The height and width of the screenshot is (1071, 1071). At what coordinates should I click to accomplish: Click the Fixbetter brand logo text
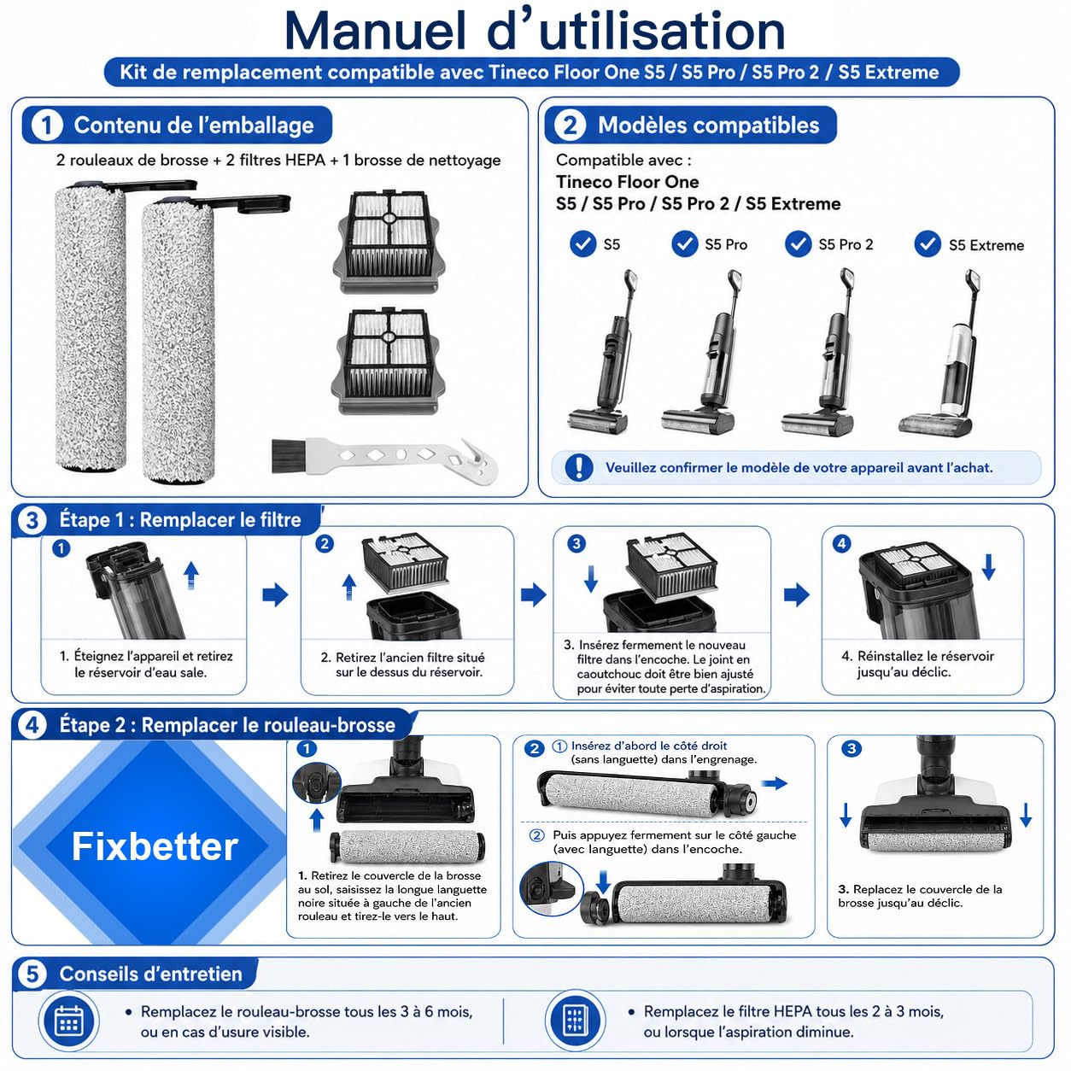click(x=155, y=847)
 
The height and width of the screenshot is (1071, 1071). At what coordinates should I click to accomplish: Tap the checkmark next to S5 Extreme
click(x=928, y=244)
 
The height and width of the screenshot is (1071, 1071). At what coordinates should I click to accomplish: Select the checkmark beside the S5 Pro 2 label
click(x=798, y=244)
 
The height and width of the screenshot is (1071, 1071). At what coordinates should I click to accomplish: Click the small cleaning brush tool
click(x=384, y=458)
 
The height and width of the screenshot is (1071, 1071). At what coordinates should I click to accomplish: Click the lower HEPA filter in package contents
click(x=388, y=362)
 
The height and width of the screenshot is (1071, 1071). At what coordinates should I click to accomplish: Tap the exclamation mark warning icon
click(x=578, y=467)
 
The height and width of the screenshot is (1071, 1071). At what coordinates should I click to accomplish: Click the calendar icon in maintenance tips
click(x=69, y=1021)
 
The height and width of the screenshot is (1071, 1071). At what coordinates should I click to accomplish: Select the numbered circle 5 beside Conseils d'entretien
click(x=32, y=974)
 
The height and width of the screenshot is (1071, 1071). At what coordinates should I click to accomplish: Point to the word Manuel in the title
click(x=375, y=31)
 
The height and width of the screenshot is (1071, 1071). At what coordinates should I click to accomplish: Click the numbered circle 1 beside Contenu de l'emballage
click(x=46, y=126)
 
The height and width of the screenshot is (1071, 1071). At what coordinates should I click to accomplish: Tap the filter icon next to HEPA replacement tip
click(x=575, y=1021)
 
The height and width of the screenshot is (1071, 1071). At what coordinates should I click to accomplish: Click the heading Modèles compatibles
click(x=708, y=126)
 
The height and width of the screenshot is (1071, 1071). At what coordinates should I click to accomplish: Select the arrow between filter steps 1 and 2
click(x=275, y=594)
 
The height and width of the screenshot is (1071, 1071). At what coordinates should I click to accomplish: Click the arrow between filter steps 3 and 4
click(x=797, y=594)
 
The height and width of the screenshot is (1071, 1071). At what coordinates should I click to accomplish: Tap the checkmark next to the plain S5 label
click(x=583, y=244)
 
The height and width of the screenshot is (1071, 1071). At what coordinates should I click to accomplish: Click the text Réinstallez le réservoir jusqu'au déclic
click(x=918, y=664)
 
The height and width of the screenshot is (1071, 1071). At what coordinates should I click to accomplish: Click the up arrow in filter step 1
click(x=191, y=576)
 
